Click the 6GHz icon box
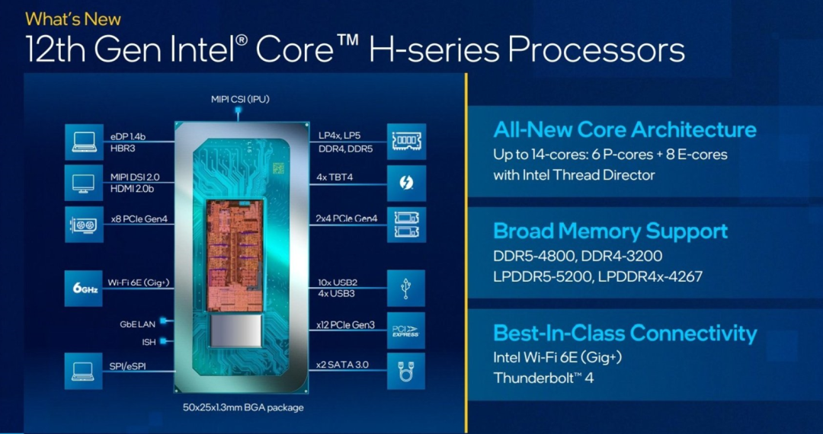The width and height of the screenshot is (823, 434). pyautogui.click(x=84, y=289)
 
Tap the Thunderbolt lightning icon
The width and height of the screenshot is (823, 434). pyautogui.click(x=406, y=183)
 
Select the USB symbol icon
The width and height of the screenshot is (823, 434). pyautogui.click(x=406, y=289)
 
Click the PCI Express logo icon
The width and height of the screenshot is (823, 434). pyautogui.click(x=406, y=330)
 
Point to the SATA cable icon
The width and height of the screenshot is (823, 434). pyautogui.click(x=406, y=371)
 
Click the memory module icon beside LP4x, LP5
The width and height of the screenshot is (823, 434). pyautogui.click(x=406, y=142)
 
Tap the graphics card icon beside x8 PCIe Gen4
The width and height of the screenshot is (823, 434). pyautogui.click(x=84, y=225)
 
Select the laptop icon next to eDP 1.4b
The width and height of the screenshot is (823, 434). pyautogui.click(x=84, y=142)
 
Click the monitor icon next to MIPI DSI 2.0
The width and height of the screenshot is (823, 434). pyautogui.click(x=84, y=183)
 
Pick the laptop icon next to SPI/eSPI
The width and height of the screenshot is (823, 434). pyautogui.click(x=84, y=371)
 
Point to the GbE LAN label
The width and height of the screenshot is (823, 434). pyautogui.click(x=137, y=324)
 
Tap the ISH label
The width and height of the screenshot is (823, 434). pyautogui.click(x=149, y=342)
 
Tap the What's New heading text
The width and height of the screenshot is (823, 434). pyautogui.click(x=73, y=19)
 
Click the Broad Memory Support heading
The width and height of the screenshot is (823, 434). pyautogui.click(x=610, y=231)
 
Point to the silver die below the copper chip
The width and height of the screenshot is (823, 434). pyautogui.click(x=235, y=330)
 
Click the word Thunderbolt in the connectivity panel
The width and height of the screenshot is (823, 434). pyautogui.click(x=534, y=378)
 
